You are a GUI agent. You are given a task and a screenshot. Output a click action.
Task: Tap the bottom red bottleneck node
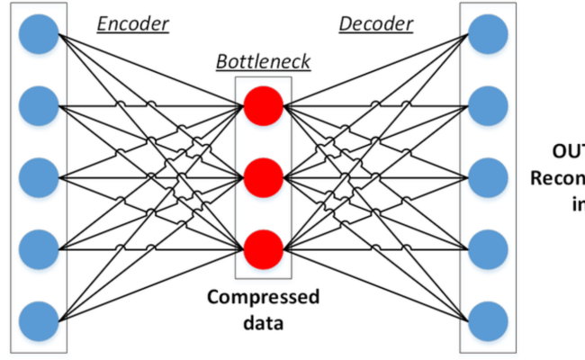264,247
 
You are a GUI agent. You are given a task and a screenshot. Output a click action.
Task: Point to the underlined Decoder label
375,24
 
